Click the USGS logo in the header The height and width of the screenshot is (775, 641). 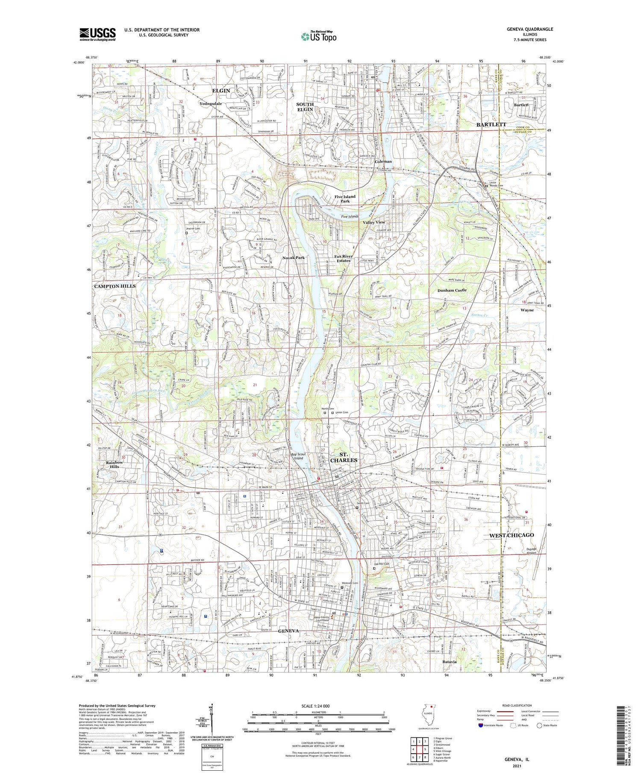point(97,34)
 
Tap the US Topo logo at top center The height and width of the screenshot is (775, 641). point(318,36)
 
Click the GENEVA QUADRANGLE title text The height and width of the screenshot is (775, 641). point(528,29)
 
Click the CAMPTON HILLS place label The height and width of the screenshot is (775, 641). point(115,286)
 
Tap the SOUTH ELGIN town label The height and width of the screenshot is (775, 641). point(305,107)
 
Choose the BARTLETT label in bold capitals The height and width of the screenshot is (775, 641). point(491,124)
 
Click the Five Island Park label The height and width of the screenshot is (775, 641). point(345,199)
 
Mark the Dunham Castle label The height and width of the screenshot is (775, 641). point(452,290)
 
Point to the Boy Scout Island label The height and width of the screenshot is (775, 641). point(298,456)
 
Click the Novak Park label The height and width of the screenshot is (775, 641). point(293,258)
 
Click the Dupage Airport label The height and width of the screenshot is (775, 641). point(531,551)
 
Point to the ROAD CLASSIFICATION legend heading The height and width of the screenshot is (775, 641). point(517,705)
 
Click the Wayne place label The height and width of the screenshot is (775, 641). point(527,310)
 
